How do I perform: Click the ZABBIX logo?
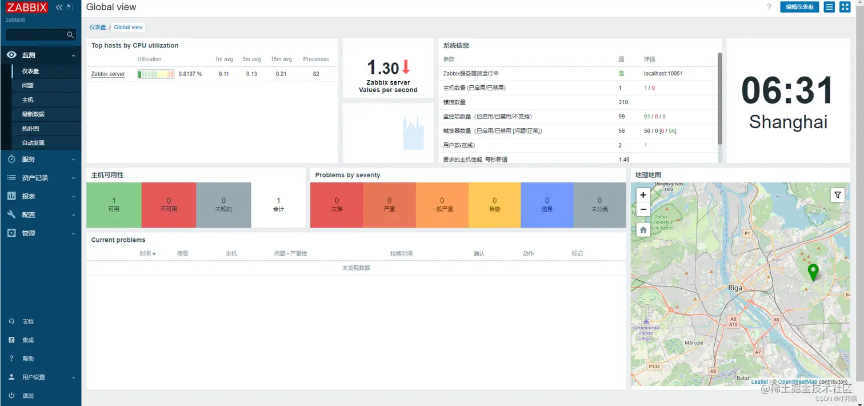coord(27,7)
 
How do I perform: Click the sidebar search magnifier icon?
coord(70,35)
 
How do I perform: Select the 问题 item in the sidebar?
coord(28,85)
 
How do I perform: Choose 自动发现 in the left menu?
coord(33,143)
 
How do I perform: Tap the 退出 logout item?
coord(28,396)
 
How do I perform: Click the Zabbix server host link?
coord(108,74)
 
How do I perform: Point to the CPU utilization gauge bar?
coord(155,74)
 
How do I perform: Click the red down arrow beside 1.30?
coord(406,67)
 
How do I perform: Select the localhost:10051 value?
coord(663,74)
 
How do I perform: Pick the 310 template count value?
coord(623,102)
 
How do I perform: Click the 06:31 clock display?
coord(787,90)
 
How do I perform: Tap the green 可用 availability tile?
coord(114,205)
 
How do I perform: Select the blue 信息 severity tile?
coord(547,205)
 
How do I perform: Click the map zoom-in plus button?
coord(643,195)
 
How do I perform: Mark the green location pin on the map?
coord(813,272)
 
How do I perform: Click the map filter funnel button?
coord(837,195)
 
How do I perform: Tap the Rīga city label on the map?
coord(735,288)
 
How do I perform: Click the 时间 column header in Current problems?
coord(147,253)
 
